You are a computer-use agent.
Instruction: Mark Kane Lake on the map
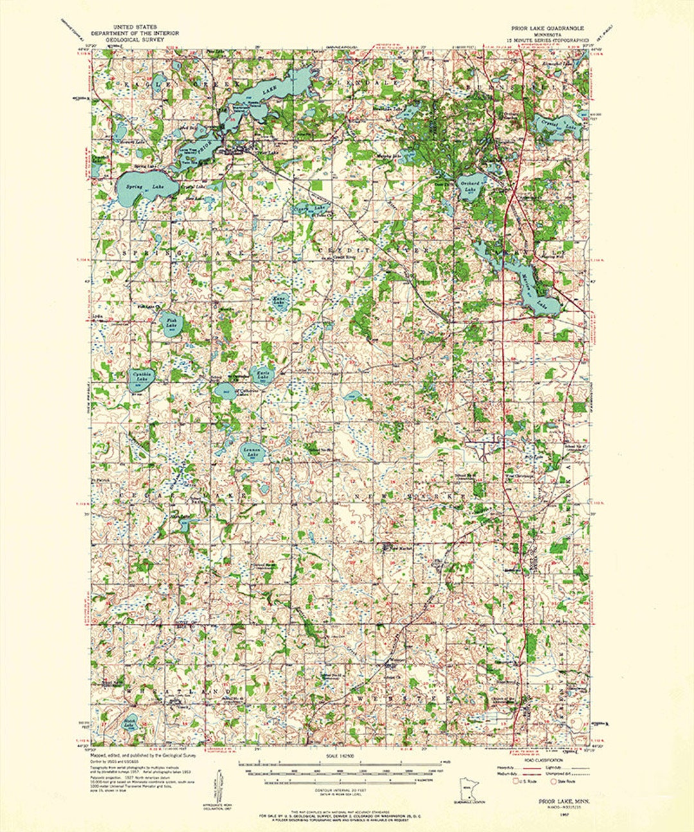pos(280,302)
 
